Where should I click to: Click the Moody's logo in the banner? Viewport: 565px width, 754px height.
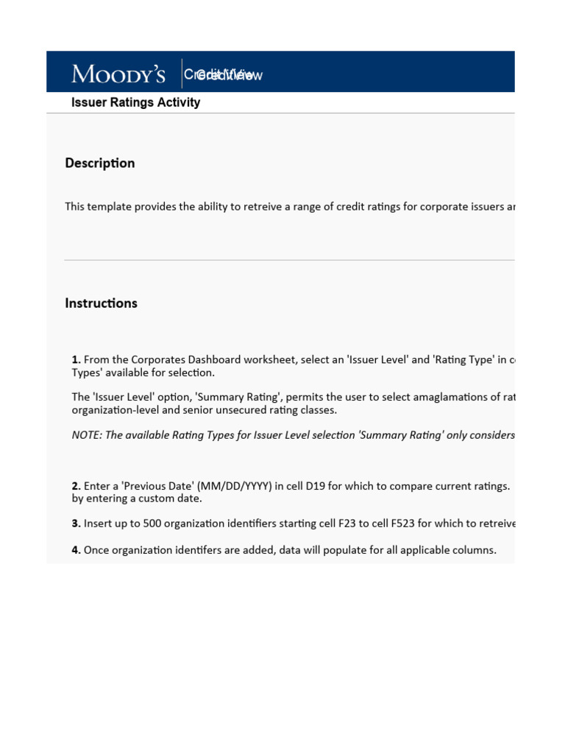tap(118, 74)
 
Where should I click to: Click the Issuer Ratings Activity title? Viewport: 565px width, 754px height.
tap(135, 102)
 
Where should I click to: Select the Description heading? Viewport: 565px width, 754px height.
tap(100, 163)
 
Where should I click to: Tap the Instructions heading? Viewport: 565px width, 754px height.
tap(101, 303)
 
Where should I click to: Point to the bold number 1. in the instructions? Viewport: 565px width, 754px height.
tap(77, 359)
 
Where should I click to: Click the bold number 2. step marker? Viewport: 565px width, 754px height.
tap(77, 486)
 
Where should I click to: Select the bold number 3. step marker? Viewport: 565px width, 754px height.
tap(77, 524)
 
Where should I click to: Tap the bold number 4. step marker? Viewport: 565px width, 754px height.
tap(77, 549)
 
